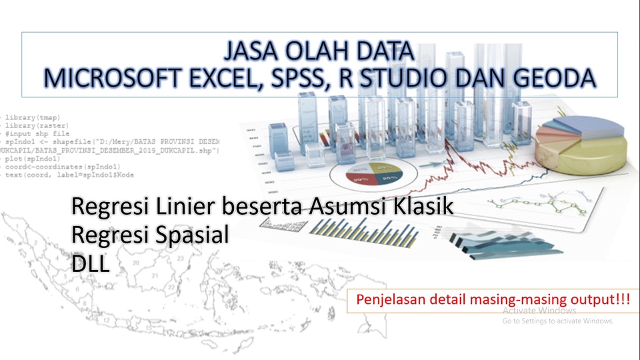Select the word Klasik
pos(421,207)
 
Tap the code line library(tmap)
pos(29,117)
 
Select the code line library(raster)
pos(33,125)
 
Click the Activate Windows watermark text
pos(539,311)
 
